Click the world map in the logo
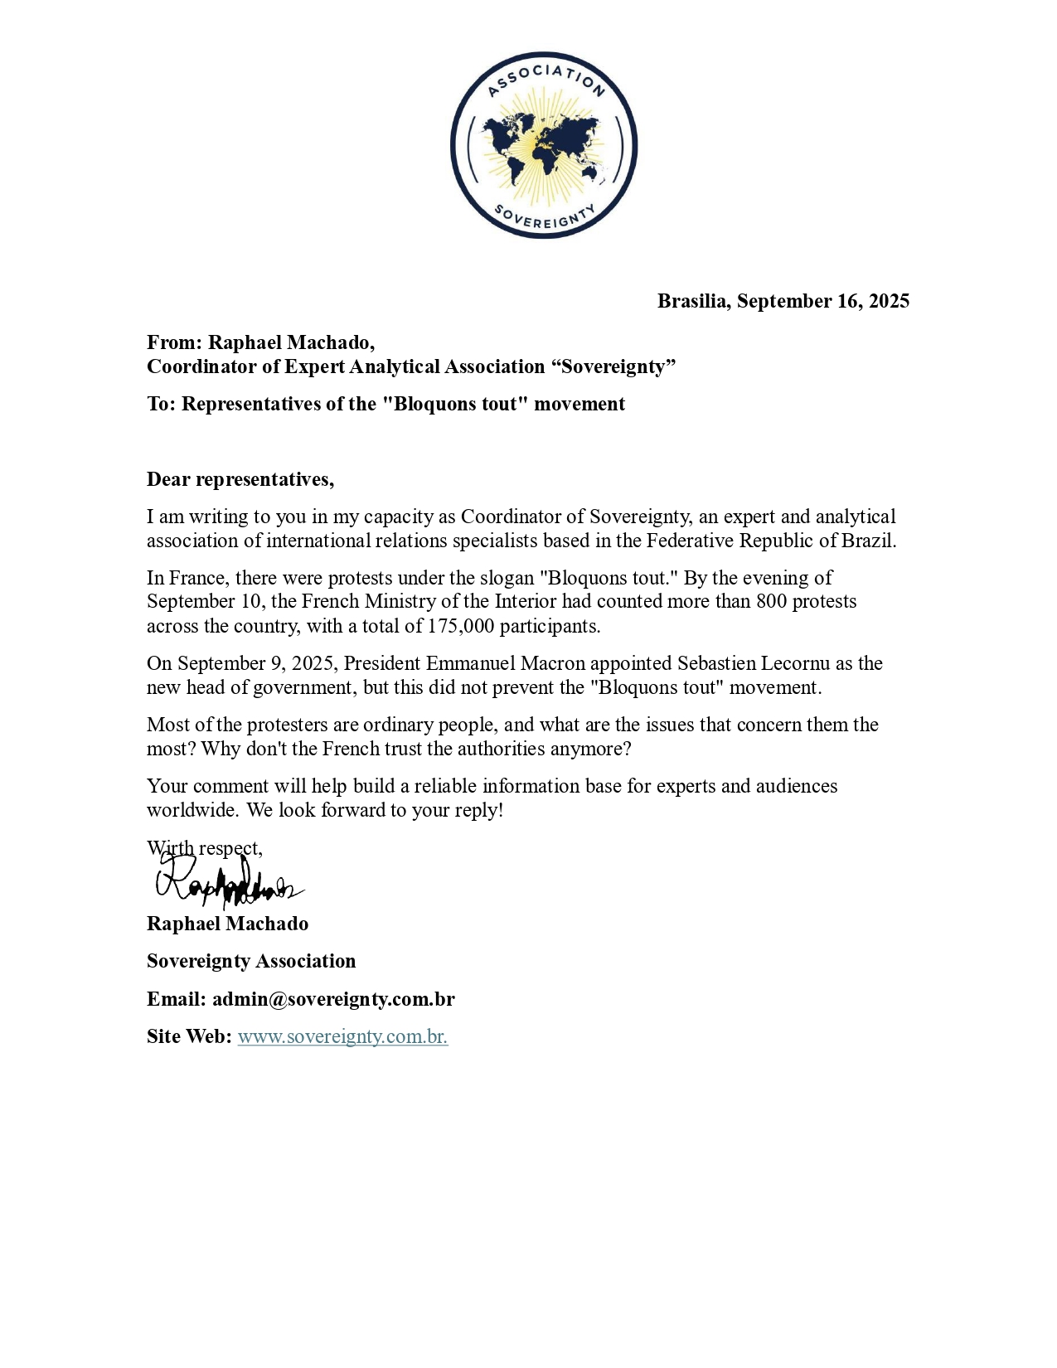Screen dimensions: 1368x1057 pyautogui.click(x=543, y=148)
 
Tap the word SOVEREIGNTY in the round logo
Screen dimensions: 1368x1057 pyautogui.click(x=544, y=217)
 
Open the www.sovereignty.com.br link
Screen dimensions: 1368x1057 pyautogui.click(x=342, y=1036)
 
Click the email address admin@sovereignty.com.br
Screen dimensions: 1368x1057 pyautogui.click(x=333, y=999)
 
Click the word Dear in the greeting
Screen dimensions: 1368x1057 pyautogui.click(x=168, y=479)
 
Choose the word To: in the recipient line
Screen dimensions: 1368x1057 pyautogui.click(x=162, y=404)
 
